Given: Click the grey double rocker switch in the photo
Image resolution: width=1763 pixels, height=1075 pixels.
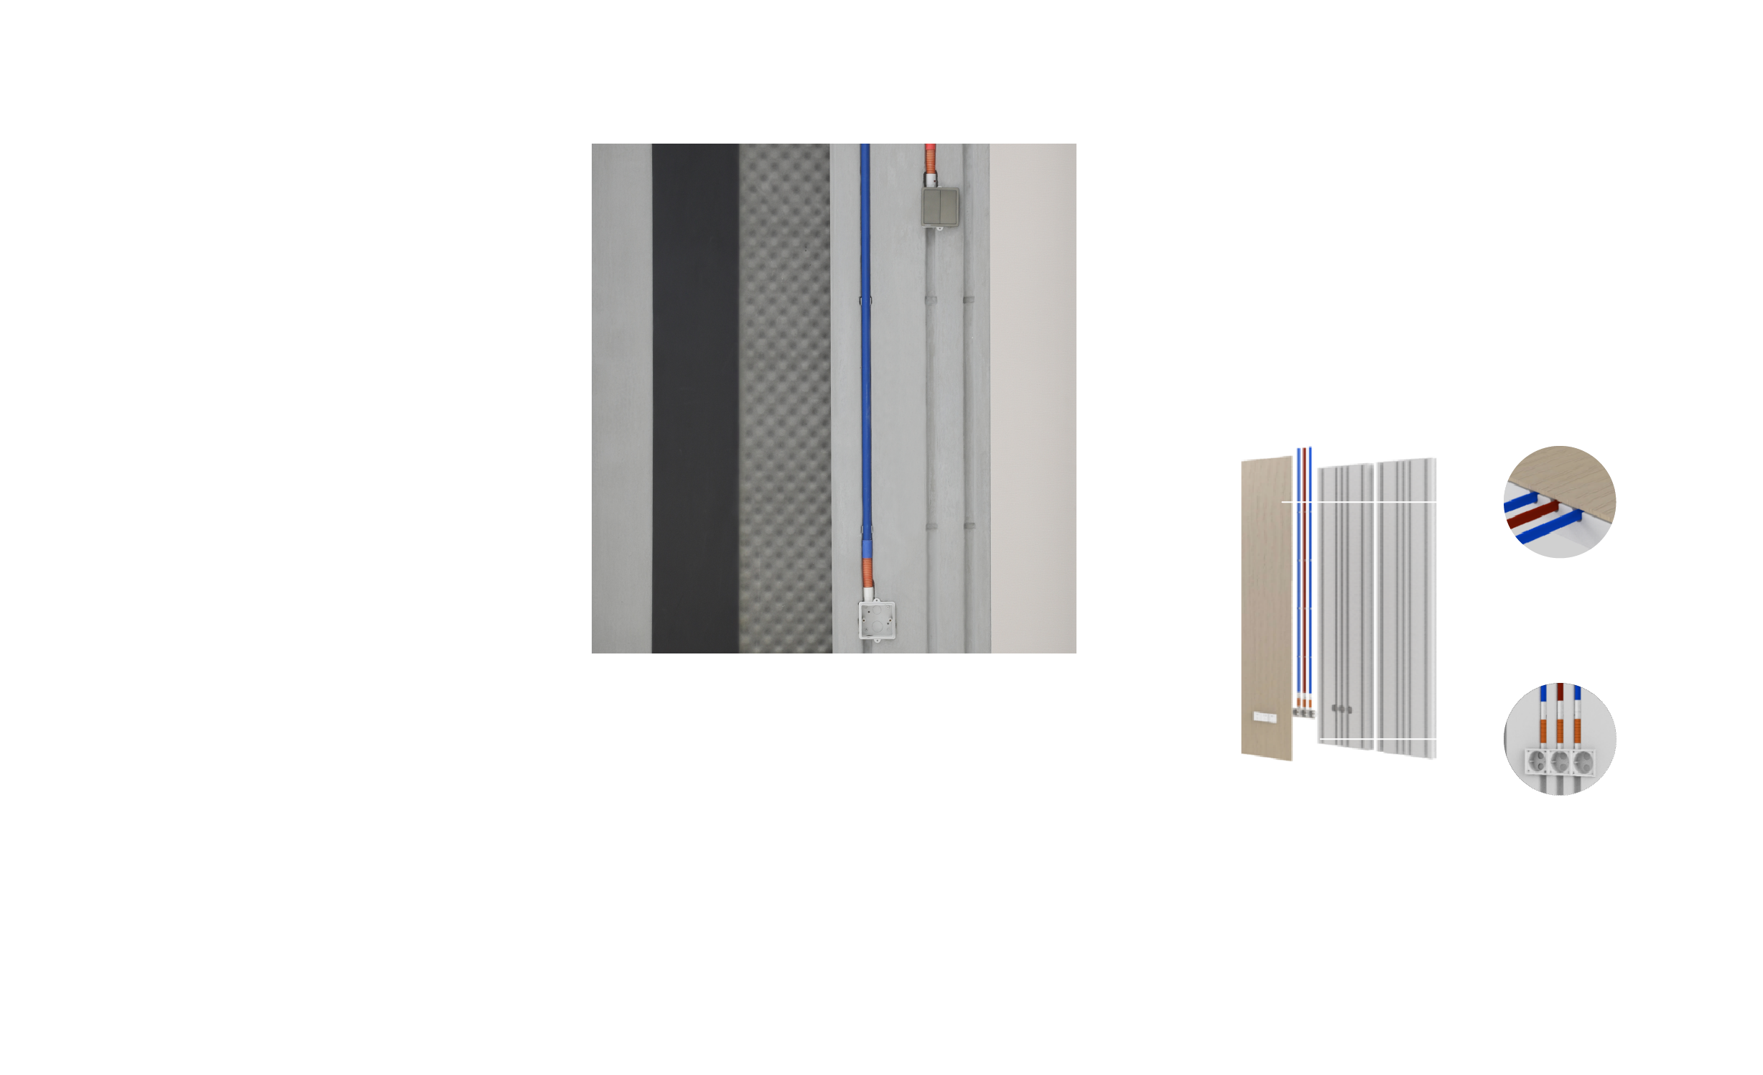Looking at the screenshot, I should (939, 207).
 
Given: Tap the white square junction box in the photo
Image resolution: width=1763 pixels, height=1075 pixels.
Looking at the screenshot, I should (877, 620).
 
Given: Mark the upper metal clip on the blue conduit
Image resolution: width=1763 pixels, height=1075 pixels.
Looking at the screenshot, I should (865, 300).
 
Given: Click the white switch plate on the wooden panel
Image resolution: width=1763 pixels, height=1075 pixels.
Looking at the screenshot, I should (1264, 717).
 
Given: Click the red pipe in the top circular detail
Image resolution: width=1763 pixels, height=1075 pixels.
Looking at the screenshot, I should (1533, 514).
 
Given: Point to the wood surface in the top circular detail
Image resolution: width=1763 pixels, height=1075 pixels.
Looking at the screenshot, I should (1573, 478).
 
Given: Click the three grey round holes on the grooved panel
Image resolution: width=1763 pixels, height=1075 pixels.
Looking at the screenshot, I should (1341, 709).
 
